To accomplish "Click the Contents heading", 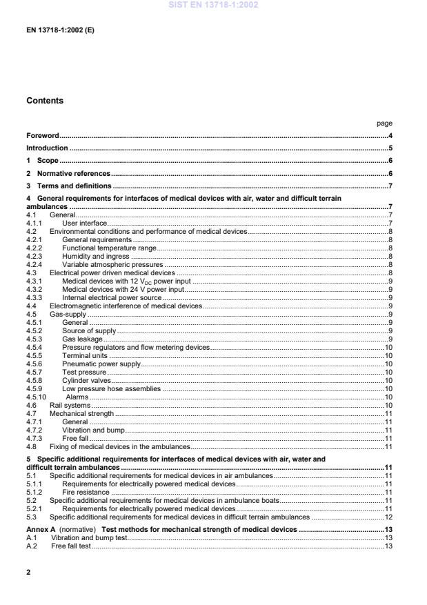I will pyautogui.click(x=45, y=101).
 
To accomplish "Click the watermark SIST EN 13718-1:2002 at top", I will pyautogui.click(x=213, y=6).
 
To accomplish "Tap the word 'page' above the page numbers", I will pyautogui.click(x=384, y=123).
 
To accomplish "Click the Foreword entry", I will pyautogui.click(x=43, y=136).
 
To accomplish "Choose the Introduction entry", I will pyautogui.click(x=47, y=148).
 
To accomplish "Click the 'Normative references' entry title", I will pyautogui.click(x=73, y=173).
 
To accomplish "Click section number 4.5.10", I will pyautogui.click(x=36, y=397).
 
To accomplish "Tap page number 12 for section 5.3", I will pyautogui.click(x=388, y=517).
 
